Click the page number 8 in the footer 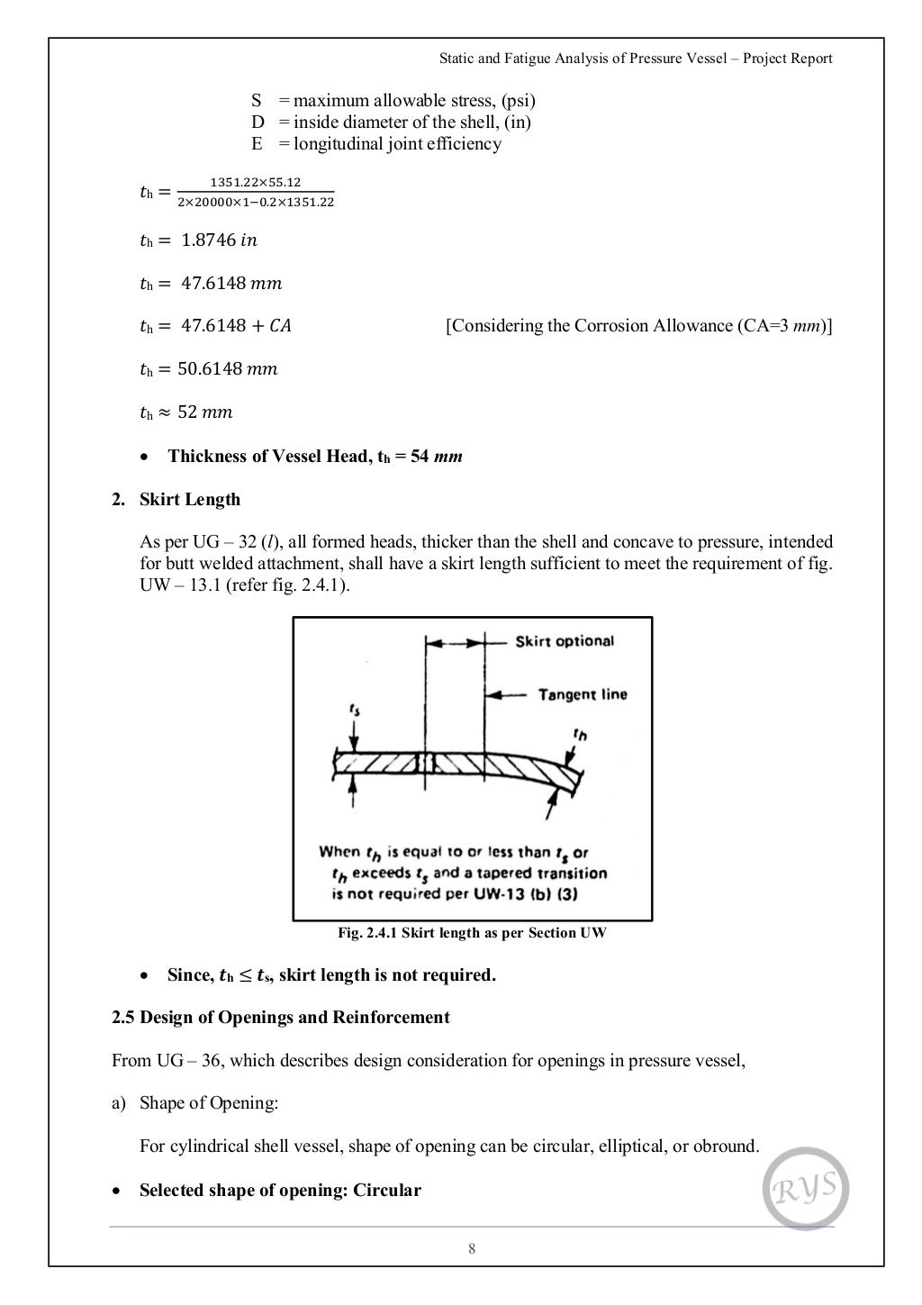click(x=472, y=1248)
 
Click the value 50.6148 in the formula click(x=213, y=369)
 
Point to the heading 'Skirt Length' click(x=190, y=499)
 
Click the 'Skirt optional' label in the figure click(x=564, y=641)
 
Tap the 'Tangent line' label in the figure click(x=582, y=694)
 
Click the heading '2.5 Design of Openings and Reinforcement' click(x=280, y=1018)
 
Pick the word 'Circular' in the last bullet click(x=386, y=1191)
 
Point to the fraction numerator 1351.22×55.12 click(x=256, y=182)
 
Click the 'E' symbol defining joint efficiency click(x=257, y=144)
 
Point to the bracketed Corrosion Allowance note click(x=638, y=326)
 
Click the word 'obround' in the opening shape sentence click(x=728, y=1146)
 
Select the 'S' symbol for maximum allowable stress click(x=256, y=101)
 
